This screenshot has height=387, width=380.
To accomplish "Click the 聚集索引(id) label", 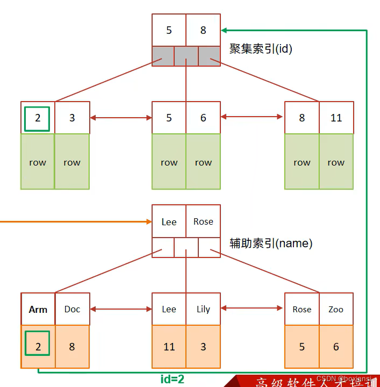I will tap(261, 49).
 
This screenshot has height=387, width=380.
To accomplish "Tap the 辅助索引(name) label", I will tap(271, 243).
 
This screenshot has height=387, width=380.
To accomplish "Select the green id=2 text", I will tap(173, 379).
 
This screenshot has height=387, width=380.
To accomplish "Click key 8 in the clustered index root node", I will tap(203, 30).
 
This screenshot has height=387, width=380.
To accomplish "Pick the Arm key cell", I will tap(38, 309).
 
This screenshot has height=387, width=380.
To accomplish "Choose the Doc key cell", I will tap(72, 309).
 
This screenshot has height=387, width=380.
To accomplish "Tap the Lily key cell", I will tap(203, 309).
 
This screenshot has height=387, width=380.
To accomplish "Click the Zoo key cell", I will tap(336, 309).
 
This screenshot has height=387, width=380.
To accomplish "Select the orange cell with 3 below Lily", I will tap(203, 347).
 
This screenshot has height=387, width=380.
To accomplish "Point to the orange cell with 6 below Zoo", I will tap(336, 347).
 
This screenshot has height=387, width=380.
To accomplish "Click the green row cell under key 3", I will tap(72, 162).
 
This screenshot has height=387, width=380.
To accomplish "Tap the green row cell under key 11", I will tap(336, 162).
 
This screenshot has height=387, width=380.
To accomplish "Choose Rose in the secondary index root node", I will tap(203, 221).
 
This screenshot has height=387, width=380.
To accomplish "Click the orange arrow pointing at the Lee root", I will tap(75, 221).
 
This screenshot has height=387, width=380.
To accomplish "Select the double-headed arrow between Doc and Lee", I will tap(121, 309).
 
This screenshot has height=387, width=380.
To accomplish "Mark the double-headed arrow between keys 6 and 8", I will tap(252, 117).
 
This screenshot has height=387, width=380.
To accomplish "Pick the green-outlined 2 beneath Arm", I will tap(38, 343).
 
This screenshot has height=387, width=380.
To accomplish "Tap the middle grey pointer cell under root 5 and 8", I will tap(186, 55).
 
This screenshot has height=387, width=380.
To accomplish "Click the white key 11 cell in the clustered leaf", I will tap(336, 118).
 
